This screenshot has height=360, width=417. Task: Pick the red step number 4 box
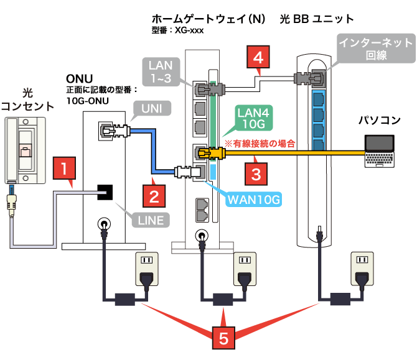(x=258, y=59)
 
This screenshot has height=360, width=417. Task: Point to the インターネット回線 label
(x=375, y=49)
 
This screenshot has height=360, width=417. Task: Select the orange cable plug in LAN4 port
(x=204, y=152)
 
